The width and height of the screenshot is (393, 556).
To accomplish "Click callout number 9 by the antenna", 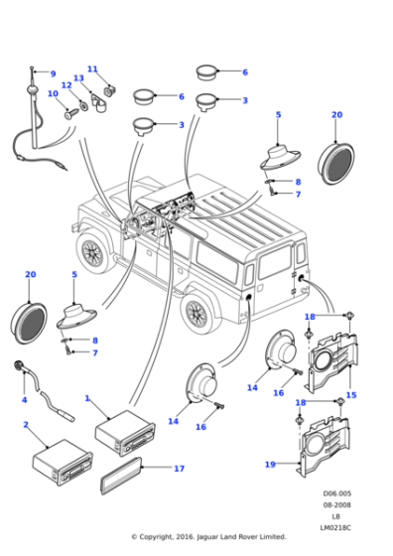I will [x=53, y=74].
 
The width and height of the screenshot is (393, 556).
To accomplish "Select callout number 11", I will [x=92, y=69].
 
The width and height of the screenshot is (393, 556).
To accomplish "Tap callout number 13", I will [x=78, y=78].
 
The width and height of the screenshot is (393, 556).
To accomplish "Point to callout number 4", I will [x=24, y=400].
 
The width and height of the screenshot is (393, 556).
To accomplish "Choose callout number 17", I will [x=179, y=468].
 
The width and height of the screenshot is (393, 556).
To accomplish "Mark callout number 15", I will [x=350, y=395].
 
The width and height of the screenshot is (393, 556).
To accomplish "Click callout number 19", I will [x=269, y=464].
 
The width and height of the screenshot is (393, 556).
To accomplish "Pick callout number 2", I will [x=25, y=425].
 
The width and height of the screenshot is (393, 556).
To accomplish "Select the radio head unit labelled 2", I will [x=63, y=465].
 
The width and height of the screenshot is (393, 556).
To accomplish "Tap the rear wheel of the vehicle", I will [x=197, y=314].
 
